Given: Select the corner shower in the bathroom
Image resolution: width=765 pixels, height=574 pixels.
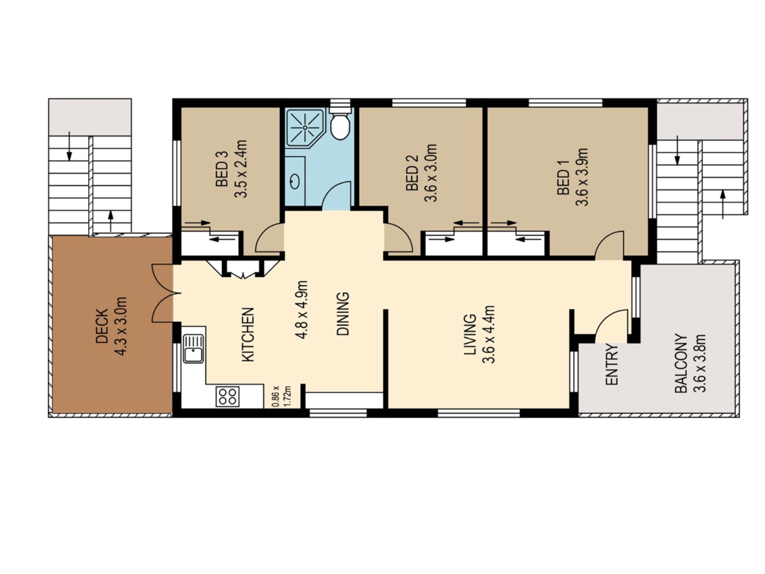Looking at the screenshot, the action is (305, 128).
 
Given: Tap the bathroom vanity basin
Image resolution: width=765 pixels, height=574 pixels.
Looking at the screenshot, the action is (295, 181).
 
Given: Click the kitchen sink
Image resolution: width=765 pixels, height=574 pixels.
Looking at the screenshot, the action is (193, 349).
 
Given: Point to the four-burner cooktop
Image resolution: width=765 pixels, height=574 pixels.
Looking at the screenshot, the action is (227, 396).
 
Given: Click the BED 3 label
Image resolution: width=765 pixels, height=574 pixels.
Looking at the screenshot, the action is (222, 169).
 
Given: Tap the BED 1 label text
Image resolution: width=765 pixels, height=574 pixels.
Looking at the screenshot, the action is (563, 177).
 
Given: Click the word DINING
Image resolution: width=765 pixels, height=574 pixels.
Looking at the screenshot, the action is (343, 314).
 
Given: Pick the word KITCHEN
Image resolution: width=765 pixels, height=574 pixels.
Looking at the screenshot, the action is (248, 334).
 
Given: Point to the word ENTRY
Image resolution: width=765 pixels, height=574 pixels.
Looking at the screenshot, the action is (612, 364).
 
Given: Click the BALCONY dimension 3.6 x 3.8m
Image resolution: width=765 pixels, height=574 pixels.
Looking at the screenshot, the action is (699, 363).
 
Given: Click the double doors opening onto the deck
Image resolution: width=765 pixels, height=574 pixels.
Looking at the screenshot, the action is (164, 293).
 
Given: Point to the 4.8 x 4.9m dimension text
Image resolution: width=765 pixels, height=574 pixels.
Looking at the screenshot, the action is (301, 310).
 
